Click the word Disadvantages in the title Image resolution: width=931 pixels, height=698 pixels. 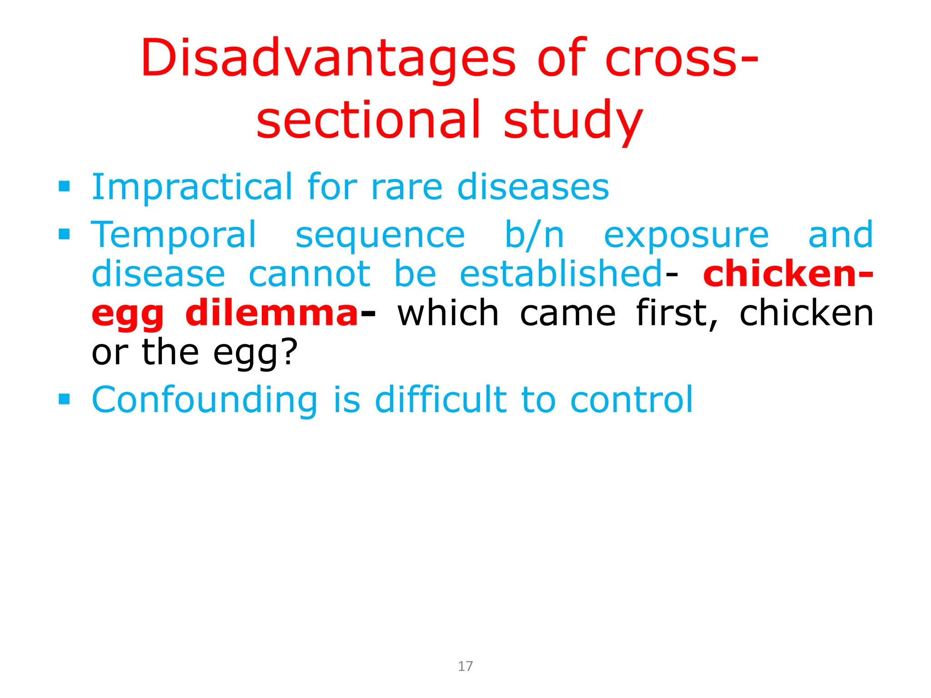[x=328, y=59]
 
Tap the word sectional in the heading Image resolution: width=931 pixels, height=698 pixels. [x=368, y=120]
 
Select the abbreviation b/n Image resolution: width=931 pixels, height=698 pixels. [x=534, y=235]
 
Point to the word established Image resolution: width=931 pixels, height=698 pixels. [x=561, y=274]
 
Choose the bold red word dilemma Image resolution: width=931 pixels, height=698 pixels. [x=271, y=314]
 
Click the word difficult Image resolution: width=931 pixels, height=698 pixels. [x=440, y=400]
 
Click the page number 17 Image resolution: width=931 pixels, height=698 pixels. [x=465, y=666]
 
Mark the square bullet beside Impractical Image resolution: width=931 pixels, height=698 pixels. [x=64, y=186]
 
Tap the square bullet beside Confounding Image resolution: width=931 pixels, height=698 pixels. [x=64, y=399]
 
